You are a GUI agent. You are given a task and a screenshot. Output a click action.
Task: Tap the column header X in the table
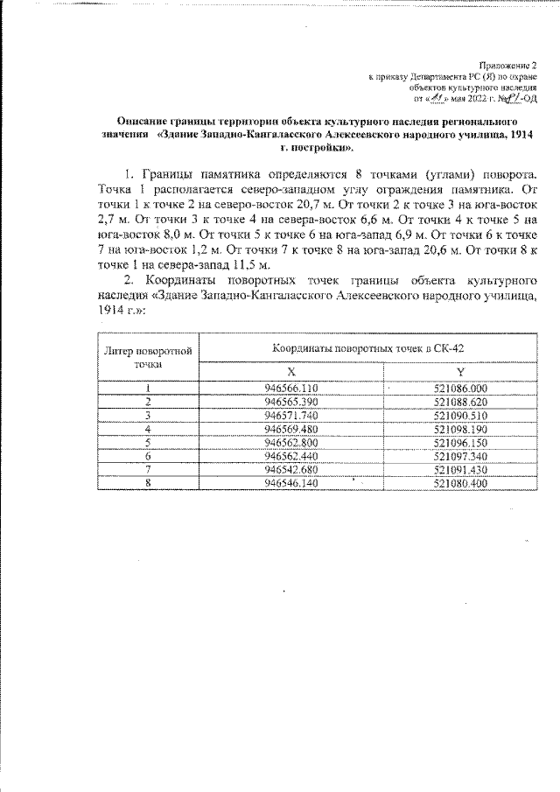coord(290,372)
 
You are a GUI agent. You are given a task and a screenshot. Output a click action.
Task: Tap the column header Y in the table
coord(460,372)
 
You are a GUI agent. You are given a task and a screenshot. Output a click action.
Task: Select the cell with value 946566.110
coord(290,388)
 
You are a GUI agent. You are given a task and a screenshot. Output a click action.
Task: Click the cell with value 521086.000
coord(460,388)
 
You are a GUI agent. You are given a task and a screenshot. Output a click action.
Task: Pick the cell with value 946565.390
coord(290,401)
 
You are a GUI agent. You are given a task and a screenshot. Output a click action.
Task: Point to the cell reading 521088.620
coord(460,401)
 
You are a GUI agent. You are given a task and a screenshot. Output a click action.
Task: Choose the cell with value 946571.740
coord(290,415)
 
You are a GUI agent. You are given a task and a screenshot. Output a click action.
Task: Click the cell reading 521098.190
coord(460,429)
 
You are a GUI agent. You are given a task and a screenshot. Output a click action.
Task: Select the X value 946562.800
coord(290,442)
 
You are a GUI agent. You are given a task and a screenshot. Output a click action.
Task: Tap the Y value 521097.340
coord(460,456)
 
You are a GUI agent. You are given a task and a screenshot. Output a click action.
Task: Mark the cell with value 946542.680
coord(290,469)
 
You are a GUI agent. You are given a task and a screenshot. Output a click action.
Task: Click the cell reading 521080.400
coord(460,483)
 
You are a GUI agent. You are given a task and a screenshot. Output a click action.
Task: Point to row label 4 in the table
coord(150,429)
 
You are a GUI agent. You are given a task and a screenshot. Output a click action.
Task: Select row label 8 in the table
coord(150,483)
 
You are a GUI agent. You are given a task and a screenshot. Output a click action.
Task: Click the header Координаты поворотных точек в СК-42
coord(367,347)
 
